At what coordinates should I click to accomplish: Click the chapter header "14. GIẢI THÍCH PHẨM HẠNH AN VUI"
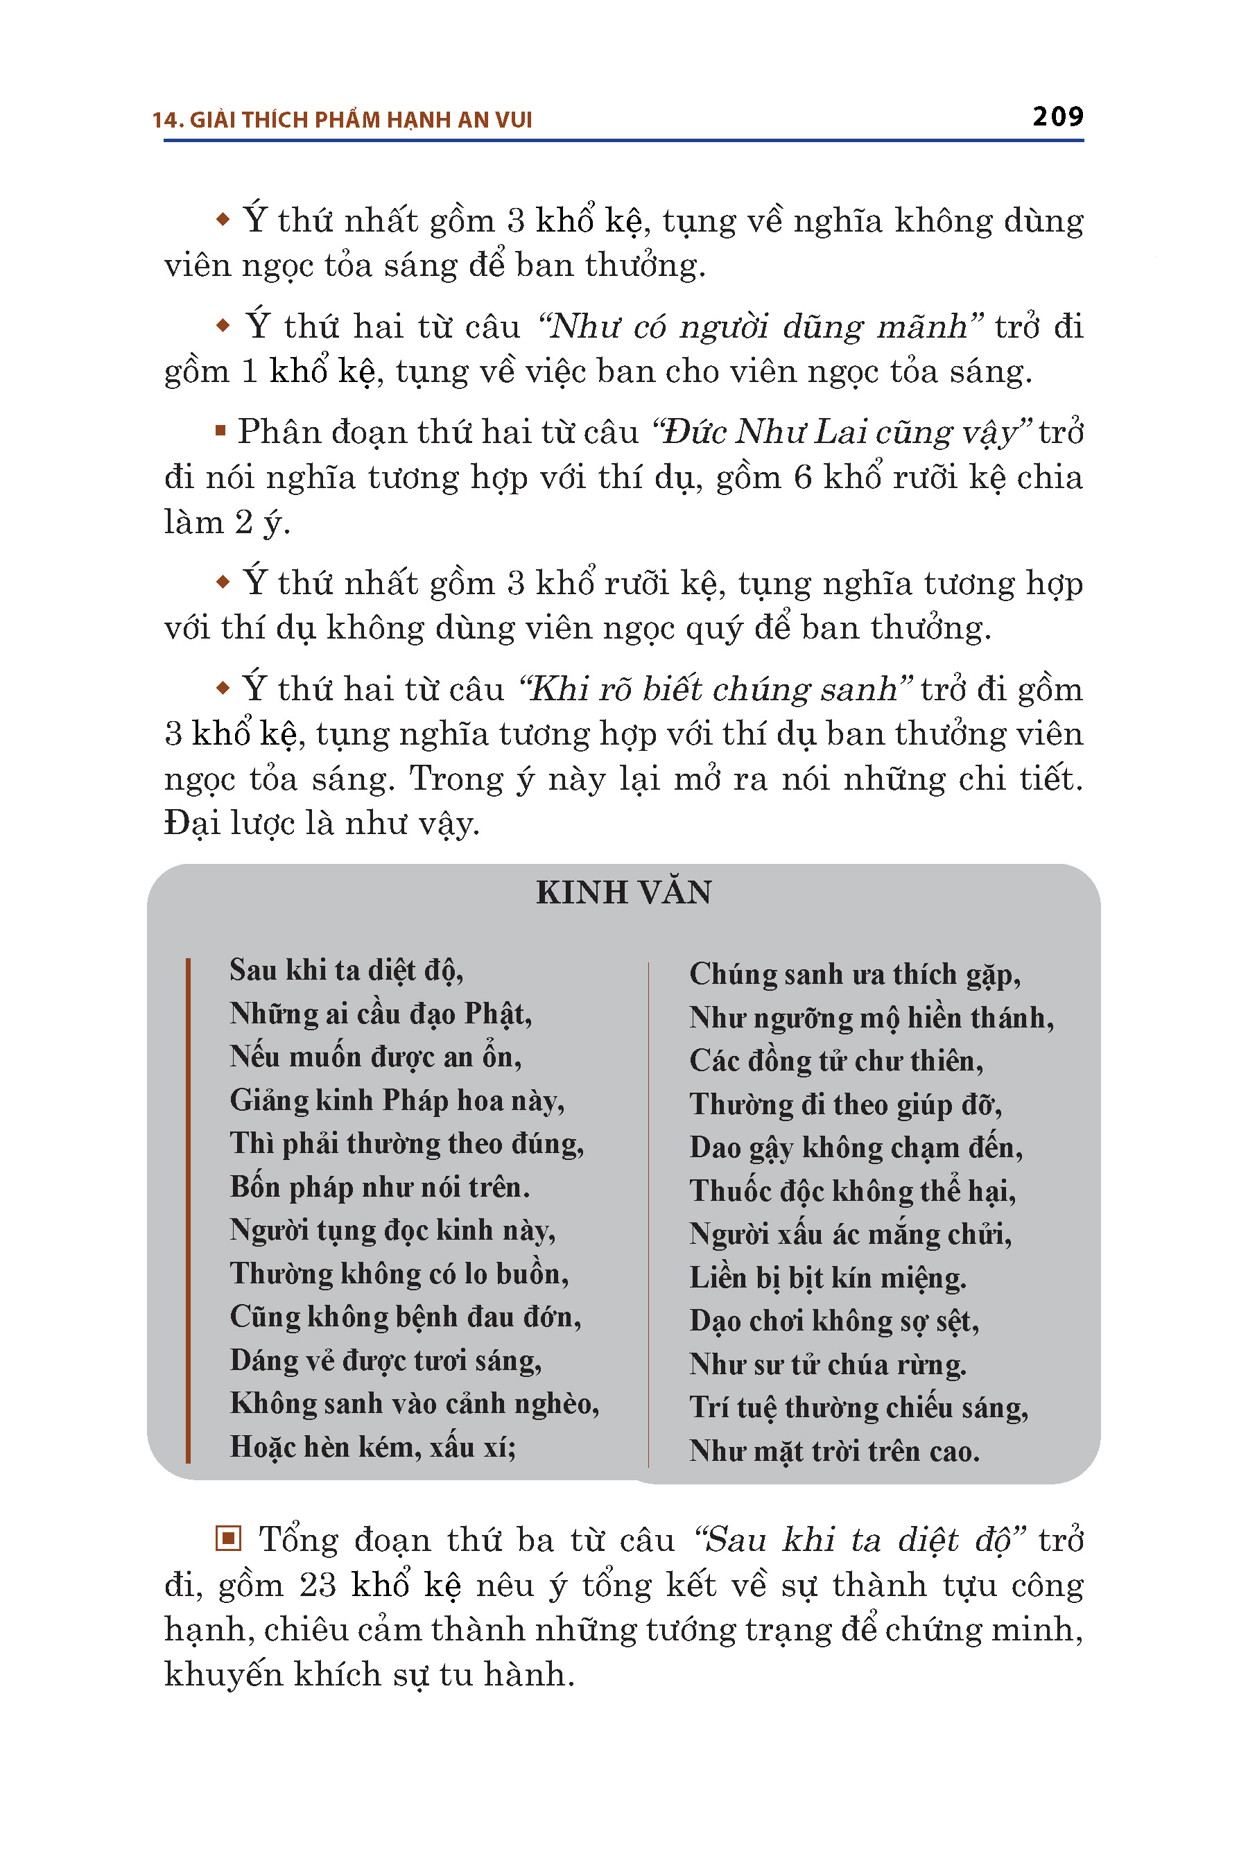tap(343, 120)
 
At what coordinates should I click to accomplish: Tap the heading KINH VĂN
tap(623, 892)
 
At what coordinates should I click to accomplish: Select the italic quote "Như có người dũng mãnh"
tap(760, 327)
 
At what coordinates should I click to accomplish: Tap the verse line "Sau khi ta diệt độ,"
tap(346, 970)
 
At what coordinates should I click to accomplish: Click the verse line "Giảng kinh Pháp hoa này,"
tap(397, 1100)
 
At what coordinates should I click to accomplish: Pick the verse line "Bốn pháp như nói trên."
tap(380, 1187)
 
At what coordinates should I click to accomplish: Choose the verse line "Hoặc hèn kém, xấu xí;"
tap(372, 1446)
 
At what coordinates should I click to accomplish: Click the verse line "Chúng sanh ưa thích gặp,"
tap(855, 974)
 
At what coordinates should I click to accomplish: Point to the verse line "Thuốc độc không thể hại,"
tap(852, 1190)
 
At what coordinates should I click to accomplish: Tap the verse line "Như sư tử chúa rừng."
tap(828, 1364)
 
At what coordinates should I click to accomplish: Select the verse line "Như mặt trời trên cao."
tap(834, 1451)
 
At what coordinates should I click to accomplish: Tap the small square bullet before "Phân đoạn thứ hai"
tap(220, 431)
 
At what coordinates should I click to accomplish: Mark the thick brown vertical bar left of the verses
tap(188, 1210)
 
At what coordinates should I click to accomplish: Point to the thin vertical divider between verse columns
tap(649, 1214)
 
